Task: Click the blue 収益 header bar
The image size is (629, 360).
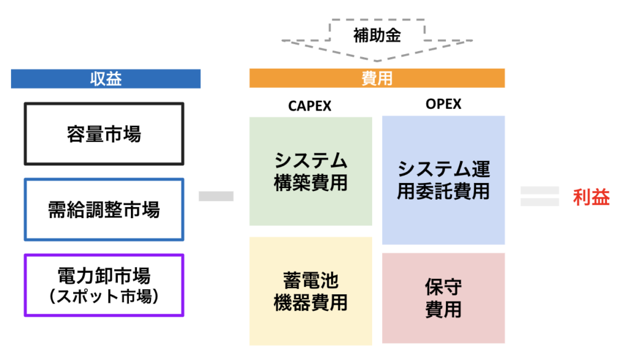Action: coord(106,79)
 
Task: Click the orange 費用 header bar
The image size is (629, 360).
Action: coord(377,79)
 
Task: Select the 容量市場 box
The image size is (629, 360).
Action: coord(104,134)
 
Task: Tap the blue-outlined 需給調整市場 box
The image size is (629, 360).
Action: coord(104,209)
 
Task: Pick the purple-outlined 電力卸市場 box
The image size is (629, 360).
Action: coord(104,286)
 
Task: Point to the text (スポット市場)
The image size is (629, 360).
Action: coord(104,297)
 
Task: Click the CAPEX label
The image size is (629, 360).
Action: coord(310,106)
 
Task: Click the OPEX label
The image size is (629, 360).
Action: coord(443,104)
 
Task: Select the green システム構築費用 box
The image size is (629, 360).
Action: coord(310,171)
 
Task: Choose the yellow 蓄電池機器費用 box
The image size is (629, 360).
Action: coord(310,291)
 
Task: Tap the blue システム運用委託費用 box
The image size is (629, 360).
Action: coord(443,180)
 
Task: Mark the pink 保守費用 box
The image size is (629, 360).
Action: coord(443,298)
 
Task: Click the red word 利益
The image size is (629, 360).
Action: coord(591,197)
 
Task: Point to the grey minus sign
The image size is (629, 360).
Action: coord(216,197)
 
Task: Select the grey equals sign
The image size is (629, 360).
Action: coord(539,197)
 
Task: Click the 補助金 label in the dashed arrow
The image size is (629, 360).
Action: coord(377,36)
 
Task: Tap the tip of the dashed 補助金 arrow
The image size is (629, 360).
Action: coord(377,60)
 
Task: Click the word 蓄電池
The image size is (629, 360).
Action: coord(310,281)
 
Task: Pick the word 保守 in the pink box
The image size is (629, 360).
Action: coord(443,287)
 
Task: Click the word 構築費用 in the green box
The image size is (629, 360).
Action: coord(310,182)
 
